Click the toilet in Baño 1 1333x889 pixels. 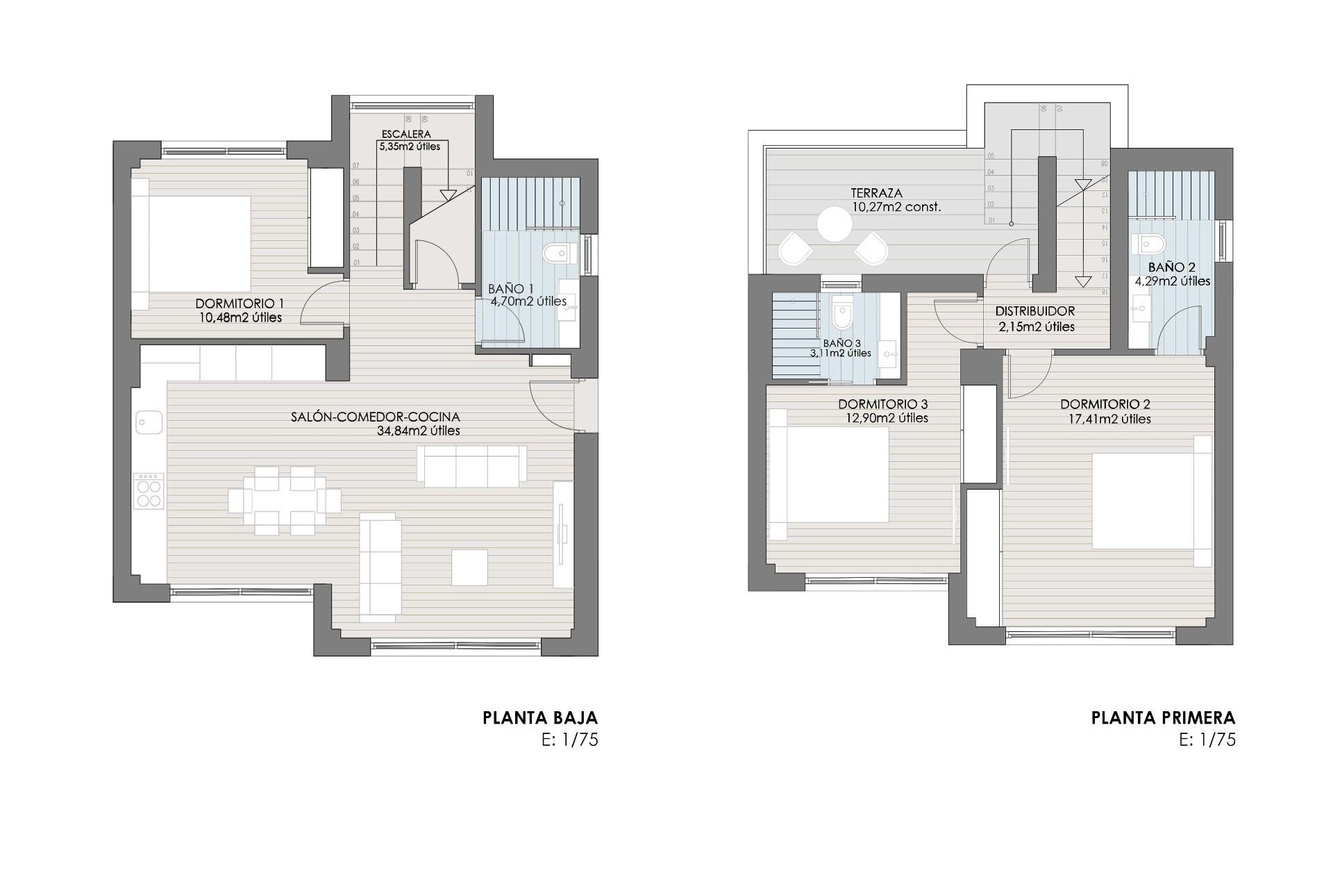point(557,254)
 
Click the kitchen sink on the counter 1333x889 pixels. point(149,422)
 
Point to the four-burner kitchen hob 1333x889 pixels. point(149,492)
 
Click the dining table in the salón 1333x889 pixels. point(285,500)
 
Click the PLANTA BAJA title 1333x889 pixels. point(540,717)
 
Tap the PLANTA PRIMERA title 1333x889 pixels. point(1163,717)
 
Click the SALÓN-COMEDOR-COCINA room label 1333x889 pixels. point(376,417)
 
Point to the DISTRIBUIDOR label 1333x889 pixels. point(1034,312)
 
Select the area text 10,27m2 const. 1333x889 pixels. point(896,207)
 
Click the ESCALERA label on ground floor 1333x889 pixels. point(406,134)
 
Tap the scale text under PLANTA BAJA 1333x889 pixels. point(569,740)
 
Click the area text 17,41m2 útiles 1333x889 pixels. point(1110,419)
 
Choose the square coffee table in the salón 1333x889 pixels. point(469,567)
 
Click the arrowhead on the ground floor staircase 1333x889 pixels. point(448,194)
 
